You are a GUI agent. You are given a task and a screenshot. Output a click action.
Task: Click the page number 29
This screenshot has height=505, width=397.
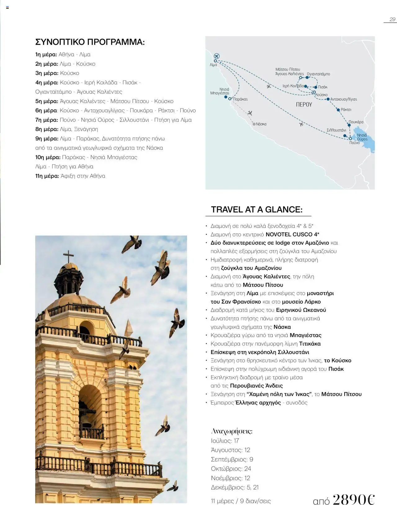pyautogui.click(x=392, y=19)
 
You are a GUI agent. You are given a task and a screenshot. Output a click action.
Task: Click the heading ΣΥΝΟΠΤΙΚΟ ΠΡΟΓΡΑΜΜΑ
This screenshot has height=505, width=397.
pyautogui.click(x=90, y=42)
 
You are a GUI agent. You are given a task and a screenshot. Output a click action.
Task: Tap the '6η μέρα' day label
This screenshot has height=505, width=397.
pyautogui.click(x=47, y=110)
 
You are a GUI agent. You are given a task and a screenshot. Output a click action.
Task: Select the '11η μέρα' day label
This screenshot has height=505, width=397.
pyautogui.click(x=47, y=176)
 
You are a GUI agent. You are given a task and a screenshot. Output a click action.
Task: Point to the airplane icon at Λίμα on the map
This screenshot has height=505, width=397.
pyautogui.click(x=216, y=56)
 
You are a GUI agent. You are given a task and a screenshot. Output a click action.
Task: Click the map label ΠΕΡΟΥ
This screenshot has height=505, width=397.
pyautogui.click(x=304, y=105)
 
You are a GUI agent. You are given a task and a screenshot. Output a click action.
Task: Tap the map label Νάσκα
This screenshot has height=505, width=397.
pyautogui.click(x=261, y=124)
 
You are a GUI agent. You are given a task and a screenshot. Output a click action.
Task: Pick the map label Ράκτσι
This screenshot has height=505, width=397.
pyautogui.click(x=346, y=110)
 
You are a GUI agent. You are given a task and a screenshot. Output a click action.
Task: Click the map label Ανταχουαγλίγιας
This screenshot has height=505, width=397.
pyautogui.click(x=343, y=99)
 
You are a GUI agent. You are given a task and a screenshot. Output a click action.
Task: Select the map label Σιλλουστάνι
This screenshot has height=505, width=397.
pyautogui.click(x=336, y=130)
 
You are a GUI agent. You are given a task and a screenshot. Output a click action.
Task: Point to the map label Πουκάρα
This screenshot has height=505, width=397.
pyautogui.click(x=356, y=122)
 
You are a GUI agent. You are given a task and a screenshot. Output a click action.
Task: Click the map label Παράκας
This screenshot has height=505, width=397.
pyautogui.click(x=240, y=99)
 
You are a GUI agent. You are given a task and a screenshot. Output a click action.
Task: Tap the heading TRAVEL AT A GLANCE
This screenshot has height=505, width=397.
pyautogui.click(x=256, y=210)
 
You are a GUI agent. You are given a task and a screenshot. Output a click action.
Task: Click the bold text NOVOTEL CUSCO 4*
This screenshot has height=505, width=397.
pyautogui.click(x=292, y=234)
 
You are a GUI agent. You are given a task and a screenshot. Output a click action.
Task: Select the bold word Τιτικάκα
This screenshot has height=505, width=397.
pyautogui.click(x=310, y=344)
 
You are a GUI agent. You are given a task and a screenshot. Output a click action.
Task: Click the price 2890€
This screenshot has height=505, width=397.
pyautogui.click(x=354, y=499)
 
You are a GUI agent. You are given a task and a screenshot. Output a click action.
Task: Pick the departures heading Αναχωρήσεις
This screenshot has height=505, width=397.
pyautogui.click(x=231, y=431)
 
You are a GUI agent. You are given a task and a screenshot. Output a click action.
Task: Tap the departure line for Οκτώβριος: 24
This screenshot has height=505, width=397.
pyautogui.click(x=231, y=469)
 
